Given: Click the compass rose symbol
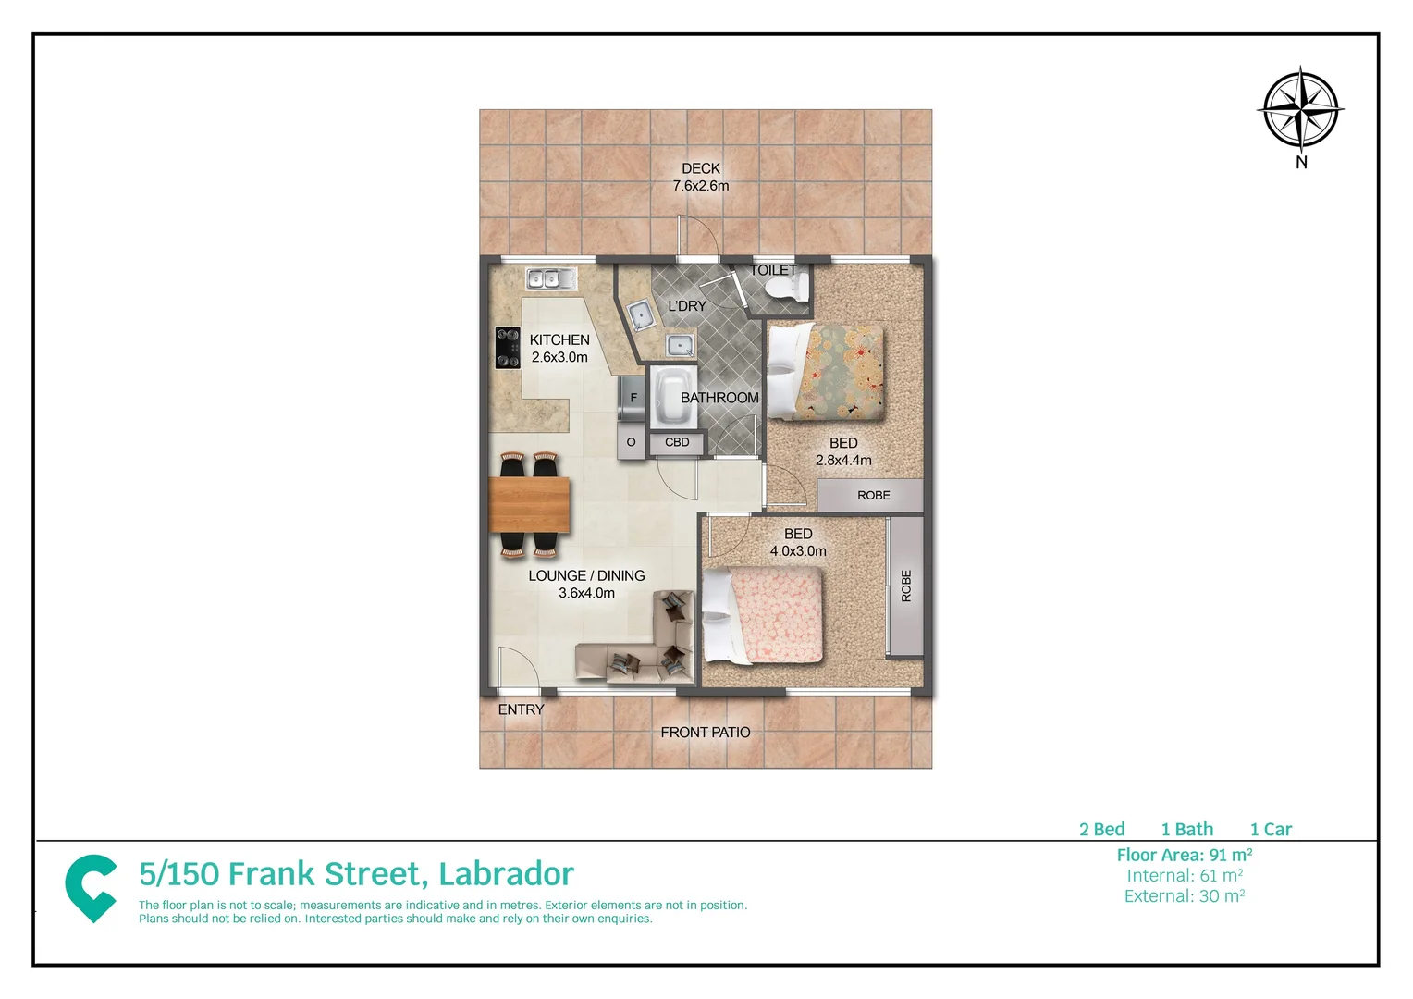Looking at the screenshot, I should [x=1300, y=108].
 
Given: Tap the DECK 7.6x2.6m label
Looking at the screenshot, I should [x=701, y=177].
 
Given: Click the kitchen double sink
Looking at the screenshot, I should [x=551, y=277].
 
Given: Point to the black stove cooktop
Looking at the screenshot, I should [x=508, y=348].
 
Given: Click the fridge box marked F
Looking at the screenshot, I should [x=633, y=398].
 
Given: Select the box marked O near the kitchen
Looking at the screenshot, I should [x=632, y=442].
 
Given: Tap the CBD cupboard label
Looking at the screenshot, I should [x=677, y=442].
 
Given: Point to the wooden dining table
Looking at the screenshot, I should [x=529, y=504].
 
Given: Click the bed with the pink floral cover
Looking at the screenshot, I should [x=764, y=615].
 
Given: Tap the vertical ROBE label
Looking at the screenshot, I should [x=906, y=586].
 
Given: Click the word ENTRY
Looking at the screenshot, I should [x=521, y=709].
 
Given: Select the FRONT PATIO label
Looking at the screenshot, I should [x=706, y=732].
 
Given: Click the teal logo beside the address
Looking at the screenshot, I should [x=91, y=887].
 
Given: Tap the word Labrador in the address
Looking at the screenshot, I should [x=506, y=874].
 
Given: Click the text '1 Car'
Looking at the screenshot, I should [x=1271, y=829].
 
